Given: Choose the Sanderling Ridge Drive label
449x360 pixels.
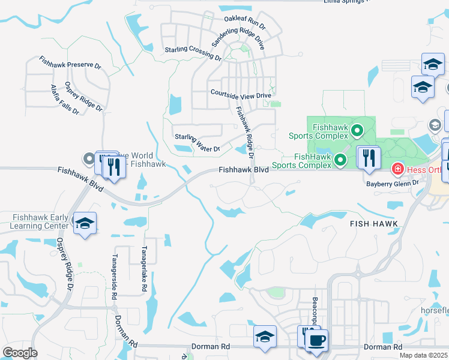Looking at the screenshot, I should (238, 37).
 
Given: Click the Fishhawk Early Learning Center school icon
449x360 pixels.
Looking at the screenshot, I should (85, 223).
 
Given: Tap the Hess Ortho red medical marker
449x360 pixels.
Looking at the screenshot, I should (397, 170).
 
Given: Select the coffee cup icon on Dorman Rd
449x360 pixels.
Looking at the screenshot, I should (316, 340).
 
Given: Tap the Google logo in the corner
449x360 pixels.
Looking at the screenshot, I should (20, 353).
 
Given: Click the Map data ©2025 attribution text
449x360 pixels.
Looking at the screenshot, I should (424, 355).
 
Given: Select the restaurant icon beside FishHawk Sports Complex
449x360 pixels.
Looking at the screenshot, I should (368, 158).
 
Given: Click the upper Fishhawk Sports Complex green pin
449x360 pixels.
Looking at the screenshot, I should (357, 130).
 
